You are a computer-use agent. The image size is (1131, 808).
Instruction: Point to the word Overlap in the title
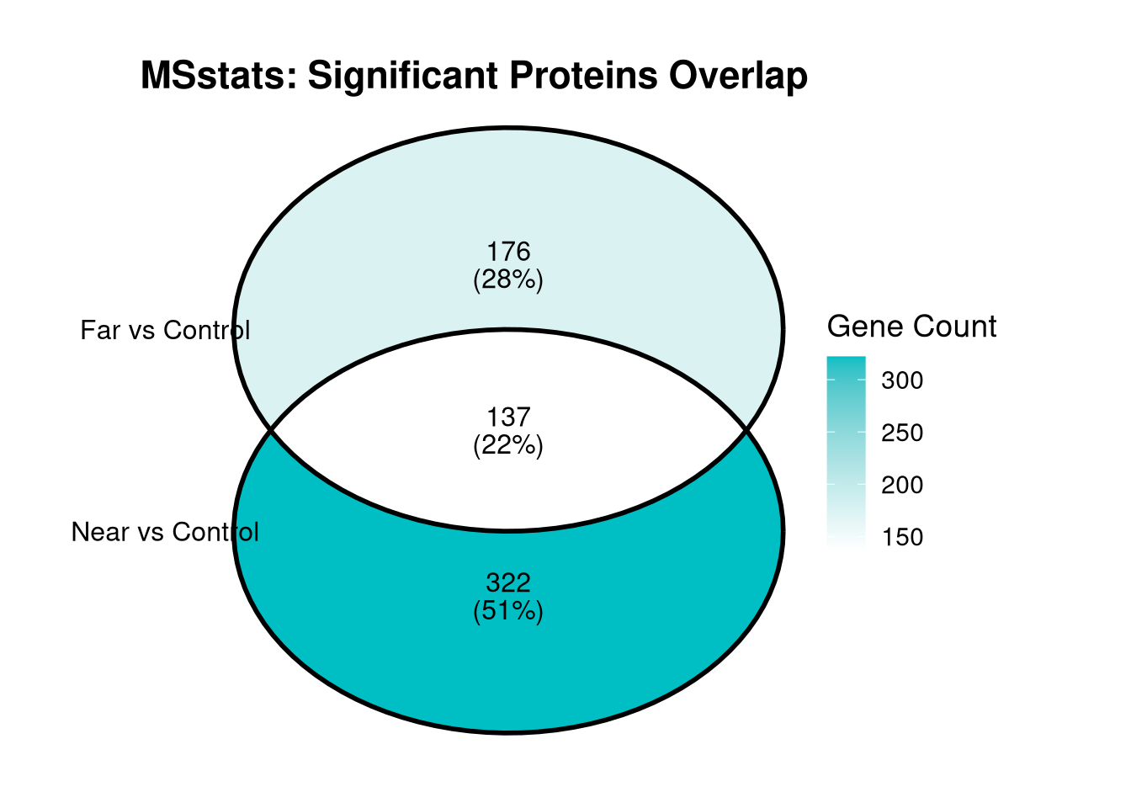pos(738,76)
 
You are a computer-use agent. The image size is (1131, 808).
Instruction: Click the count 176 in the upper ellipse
pos(508,252)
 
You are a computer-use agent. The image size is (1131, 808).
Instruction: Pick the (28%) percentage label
pos(508,279)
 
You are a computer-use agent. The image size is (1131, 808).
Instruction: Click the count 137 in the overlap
pos(508,417)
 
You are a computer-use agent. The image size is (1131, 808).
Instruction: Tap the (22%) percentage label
pos(508,445)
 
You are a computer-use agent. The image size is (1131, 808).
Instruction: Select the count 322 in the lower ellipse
pos(508,582)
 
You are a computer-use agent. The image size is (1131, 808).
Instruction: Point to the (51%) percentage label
pos(508,611)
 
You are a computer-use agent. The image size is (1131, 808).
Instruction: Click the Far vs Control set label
pos(165,330)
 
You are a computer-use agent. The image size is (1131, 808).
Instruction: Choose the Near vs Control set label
pos(165,532)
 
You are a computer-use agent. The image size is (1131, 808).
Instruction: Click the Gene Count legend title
pos(911,327)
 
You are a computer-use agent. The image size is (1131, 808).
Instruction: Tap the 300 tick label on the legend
pos(902,380)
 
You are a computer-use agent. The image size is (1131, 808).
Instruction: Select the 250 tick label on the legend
pos(902,433)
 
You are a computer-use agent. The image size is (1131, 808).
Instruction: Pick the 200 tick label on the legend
pos(902,485)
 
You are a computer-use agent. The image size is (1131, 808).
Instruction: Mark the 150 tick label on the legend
pos(902,537)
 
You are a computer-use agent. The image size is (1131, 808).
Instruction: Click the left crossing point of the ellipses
pos(271,430)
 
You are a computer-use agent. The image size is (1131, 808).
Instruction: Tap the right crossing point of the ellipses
pos(746,430)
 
